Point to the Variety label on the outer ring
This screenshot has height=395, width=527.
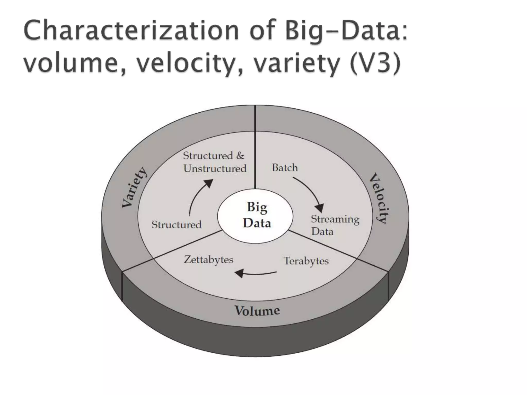pos(134,187)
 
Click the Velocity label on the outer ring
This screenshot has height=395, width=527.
pos(379,198)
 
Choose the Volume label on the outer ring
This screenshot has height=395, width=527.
pos(257,311)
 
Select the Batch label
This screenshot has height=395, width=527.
pos(285,168)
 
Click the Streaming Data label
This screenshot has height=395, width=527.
pos(335,225)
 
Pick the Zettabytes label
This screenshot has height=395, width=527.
pos(208,259)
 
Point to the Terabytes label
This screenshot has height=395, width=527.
pos(306,261)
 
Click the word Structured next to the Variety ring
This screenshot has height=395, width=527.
pos(177,225)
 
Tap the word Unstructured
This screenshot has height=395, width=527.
pos(215,169)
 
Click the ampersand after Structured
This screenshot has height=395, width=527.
pos(240,156)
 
